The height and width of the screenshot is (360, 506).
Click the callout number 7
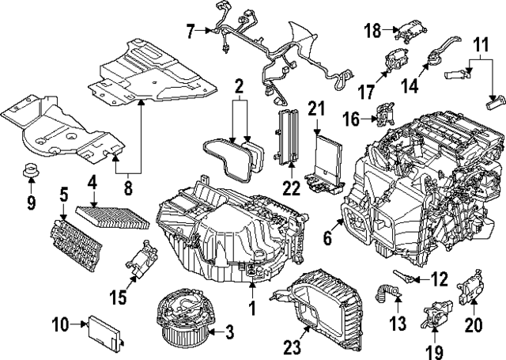click(190, 31)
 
